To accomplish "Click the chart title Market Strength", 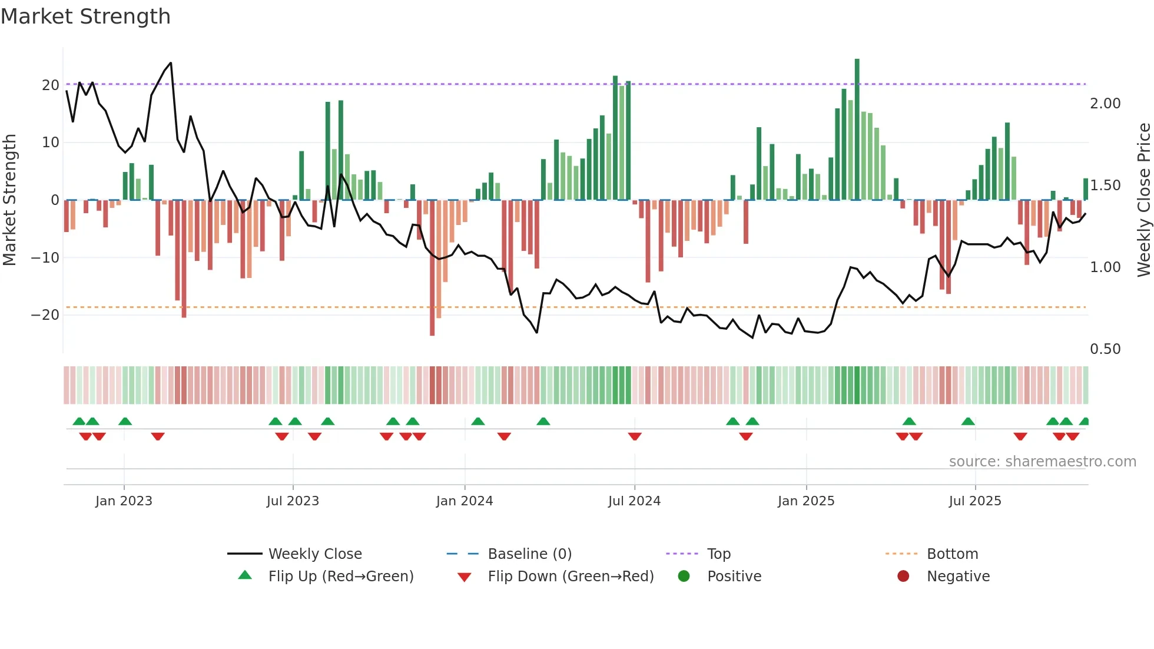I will tap(85, 16).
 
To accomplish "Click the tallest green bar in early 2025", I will tap(857, 130).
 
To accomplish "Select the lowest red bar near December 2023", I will tap(432, 268).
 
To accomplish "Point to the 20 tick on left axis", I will tap(51, 85).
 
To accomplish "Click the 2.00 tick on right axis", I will tap(1105, 104).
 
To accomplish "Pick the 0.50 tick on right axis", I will tap(1105, 349).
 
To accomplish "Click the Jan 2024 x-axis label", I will tap(465, 501).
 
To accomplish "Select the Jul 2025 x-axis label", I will tap(975, 501).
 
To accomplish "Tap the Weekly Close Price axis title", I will tap(1143, 200).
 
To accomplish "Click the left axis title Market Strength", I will tap(9, 200).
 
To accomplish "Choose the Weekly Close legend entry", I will tap(315, 554).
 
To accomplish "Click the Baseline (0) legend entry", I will tap(529, 554).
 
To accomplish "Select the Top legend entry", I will tap(718, 554).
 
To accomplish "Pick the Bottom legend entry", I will tap(952, 554).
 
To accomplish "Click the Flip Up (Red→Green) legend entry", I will tap(340, 577).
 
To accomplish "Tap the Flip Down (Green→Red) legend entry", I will tap(571, 577).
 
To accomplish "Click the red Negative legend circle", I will tap(903, 576).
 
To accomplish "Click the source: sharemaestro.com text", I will tap(1042, 462).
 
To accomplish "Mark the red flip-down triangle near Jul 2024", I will tap(635, 436).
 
